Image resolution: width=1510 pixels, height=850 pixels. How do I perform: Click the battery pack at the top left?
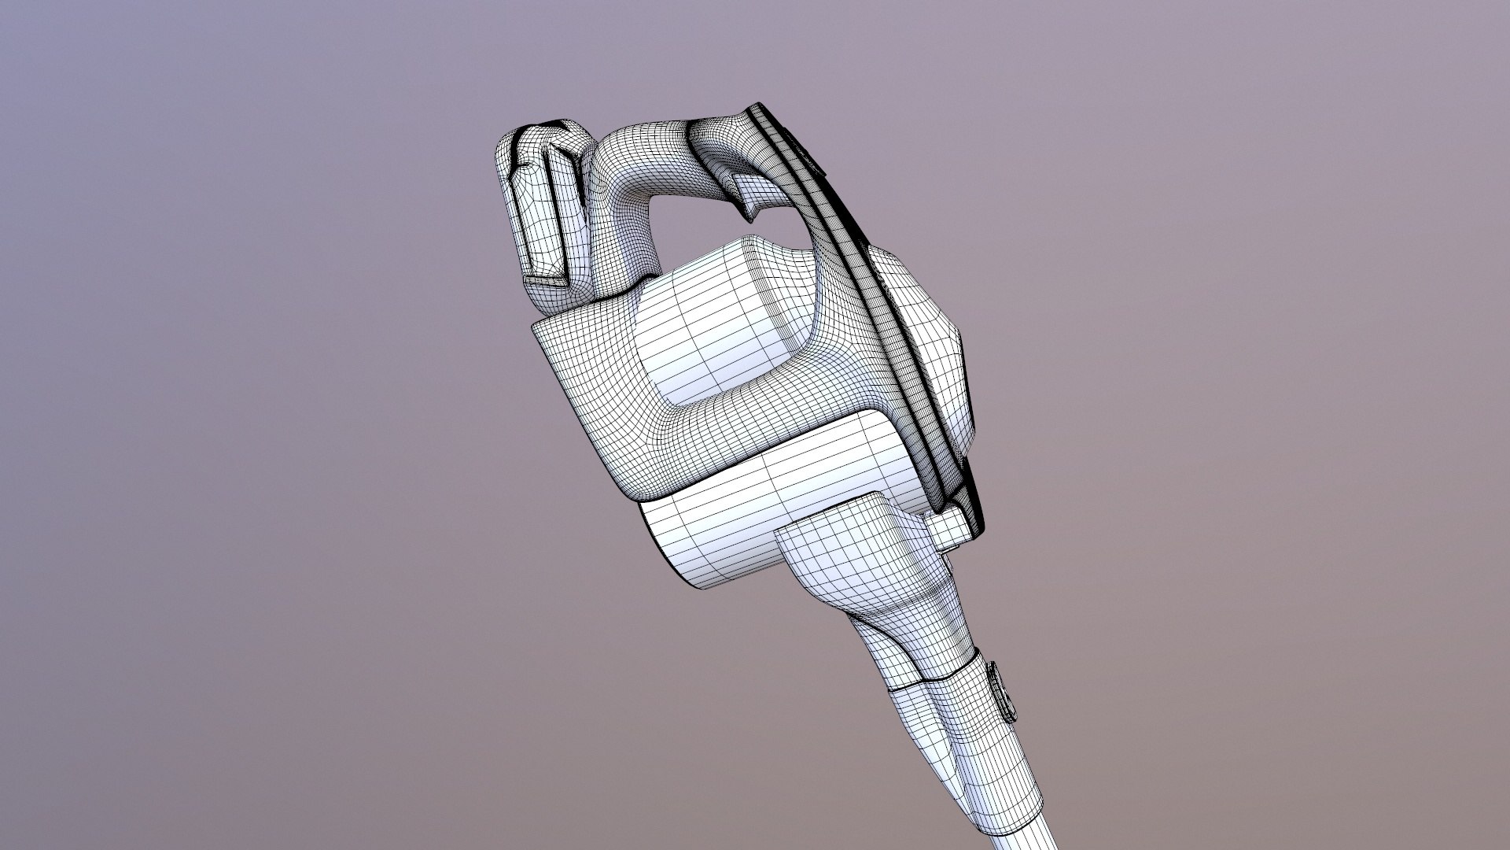click(543, 205)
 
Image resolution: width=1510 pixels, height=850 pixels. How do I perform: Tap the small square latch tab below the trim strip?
click(950, 526)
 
